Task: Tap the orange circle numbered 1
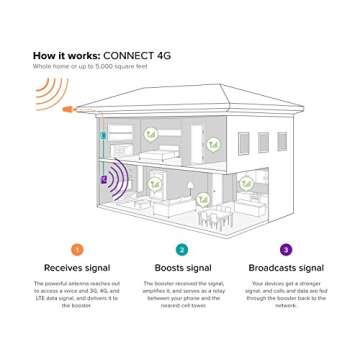coord(76,249)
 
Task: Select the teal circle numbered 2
coord(181,249)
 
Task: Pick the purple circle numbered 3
coord(285,249)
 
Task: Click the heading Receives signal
coord(76,268)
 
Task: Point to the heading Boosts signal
coord(181,268)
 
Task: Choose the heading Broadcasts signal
coord(285,268)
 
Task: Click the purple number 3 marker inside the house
coord(103,179)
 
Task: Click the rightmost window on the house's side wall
coord(282,140)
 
